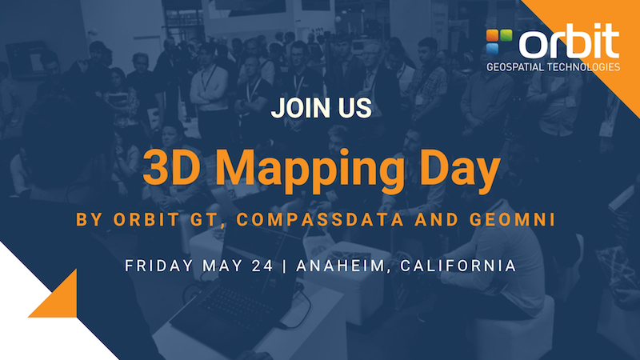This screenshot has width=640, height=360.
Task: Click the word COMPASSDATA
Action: click(x=321, y=219)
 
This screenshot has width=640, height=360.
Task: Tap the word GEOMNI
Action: click(x=512, y=219)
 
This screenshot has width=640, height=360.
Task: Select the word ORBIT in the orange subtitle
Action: click(x=146, y=219)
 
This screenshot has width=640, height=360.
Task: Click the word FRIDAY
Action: click(x=158, y=266)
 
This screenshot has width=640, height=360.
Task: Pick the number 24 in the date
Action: click(x=262, y=266)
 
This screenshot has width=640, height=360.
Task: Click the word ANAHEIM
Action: click(x=341, y=266)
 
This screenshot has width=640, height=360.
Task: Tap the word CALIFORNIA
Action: click(x=458, y=266)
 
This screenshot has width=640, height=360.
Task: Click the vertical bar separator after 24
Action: click(x=285, y=266)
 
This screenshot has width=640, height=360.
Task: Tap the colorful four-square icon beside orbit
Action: click(x=498, y=42)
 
